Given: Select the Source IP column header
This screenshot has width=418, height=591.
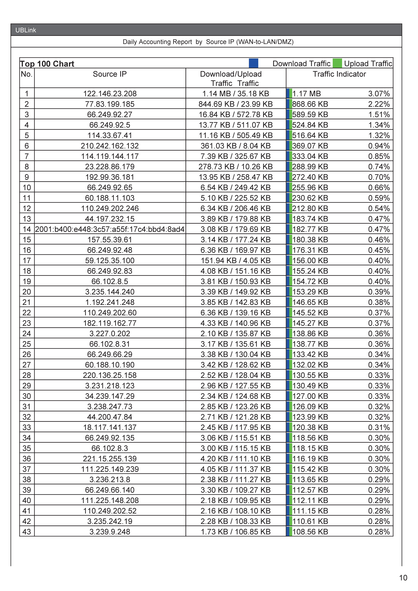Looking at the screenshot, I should pos(110,74).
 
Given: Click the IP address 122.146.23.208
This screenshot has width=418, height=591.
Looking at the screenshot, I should pos(110,94).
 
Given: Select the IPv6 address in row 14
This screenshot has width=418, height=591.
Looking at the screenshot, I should pos(110,229).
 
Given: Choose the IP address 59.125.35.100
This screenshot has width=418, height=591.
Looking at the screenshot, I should pos(110,261).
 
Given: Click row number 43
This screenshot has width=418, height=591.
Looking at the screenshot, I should pos(27,532).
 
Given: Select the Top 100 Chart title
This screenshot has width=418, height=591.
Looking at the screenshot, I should pos(47,64).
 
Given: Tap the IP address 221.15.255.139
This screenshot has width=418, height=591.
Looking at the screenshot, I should pos(110,459).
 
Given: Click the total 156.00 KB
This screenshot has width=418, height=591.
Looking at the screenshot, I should pos(310,261).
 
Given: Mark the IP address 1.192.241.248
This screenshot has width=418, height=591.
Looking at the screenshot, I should pos(110,302).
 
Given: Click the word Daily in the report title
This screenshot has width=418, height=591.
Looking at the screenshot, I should pos(130,42).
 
